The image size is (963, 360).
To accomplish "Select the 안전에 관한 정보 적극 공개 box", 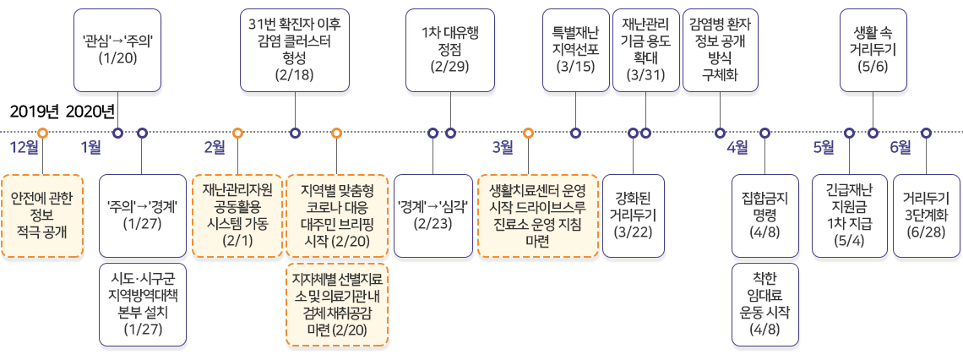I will (x=42, y=215).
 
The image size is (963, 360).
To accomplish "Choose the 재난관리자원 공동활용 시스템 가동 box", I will (x=237, y=215).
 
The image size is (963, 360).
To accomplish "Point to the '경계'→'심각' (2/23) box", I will (x=432, y=215).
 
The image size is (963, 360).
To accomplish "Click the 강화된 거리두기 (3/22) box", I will (x=633, y=215).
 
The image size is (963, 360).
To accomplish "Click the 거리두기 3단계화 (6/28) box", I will (x=926, y=215).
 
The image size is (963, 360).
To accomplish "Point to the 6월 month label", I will (x=900, y=148).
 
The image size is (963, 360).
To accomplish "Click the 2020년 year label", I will (x=89, y=112).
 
